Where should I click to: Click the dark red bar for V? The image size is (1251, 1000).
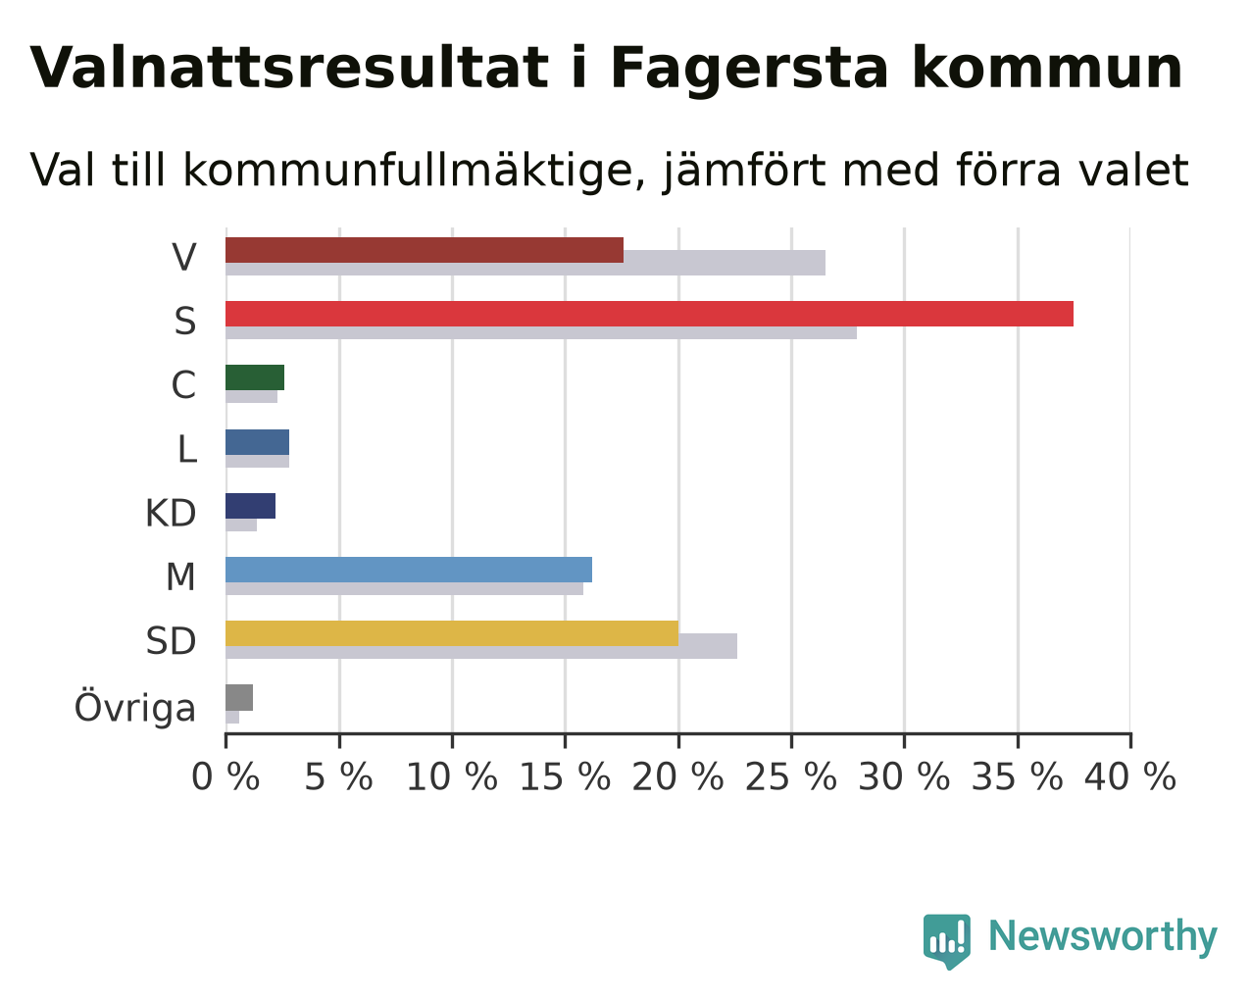pyautogui.click(x=425, y=250)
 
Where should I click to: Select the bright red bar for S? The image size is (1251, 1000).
pyautogui.click(x=649, y=314)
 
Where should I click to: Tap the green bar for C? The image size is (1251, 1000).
pyautogui.click(x=255, y=377)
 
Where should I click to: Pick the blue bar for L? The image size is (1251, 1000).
pyautogui.click(x=257, y=442)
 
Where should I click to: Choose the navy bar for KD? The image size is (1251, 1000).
pyautogui.click(x=251, y=506)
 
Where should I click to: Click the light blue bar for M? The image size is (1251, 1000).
pyautogui.click(x=409, y=570)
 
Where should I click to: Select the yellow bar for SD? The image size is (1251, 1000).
pyautogui.click(x=452, y=633)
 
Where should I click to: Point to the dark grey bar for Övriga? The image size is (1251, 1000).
pyautogui.click(x=239, y=698)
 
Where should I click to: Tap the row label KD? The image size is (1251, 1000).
pyautogui.click(x=171, y=514)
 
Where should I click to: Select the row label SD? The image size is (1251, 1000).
pyautogui.click(x=171, y=641)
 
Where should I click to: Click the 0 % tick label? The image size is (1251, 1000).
pyautogui.click(x=225, y=777)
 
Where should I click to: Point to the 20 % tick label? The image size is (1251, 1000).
pyautogui.click(x=677, y=777)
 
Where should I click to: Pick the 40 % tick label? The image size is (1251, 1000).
pyautogui.click(x=1130, y=777)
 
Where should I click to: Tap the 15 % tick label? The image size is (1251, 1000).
pyautogui.click(x=565, y=777)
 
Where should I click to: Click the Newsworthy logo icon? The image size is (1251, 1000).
pyautogui.click(x=947, y=941)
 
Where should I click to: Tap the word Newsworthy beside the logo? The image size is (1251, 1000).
pyautogui.click(x=1103, y=937)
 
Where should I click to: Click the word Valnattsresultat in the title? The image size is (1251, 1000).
pyautogui.click(x=289, y=69)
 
